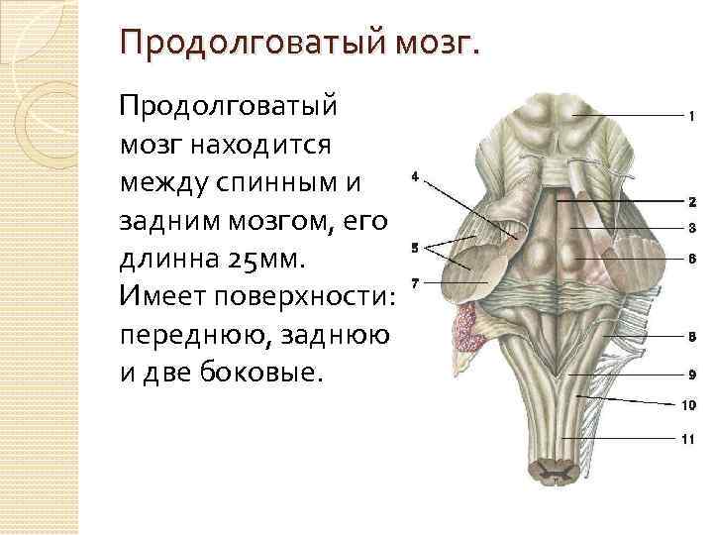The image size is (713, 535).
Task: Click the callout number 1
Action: point(690,117)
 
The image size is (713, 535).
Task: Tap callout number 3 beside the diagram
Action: point(691,228)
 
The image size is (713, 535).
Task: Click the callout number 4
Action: point(414,176)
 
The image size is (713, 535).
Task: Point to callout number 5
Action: point(414,247)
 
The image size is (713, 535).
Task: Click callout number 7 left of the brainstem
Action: point(414,283)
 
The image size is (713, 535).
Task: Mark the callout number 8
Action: point(691,337)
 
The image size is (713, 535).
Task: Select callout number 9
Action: point(691,374)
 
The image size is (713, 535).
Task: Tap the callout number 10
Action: point(689,404)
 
